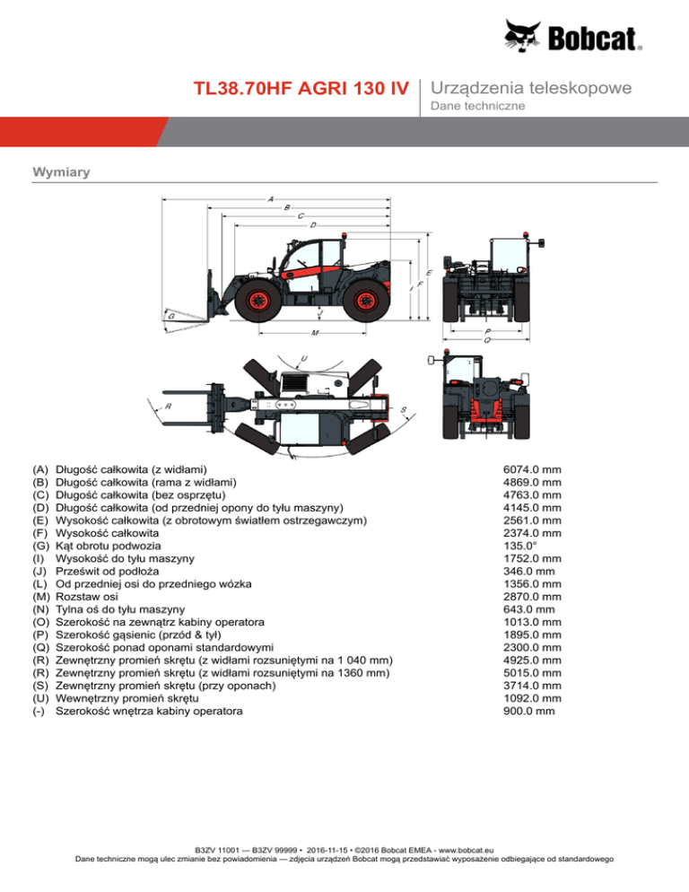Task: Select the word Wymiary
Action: coord(56,171)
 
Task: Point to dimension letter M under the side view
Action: coord(315,333)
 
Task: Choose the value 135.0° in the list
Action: coord(521,545)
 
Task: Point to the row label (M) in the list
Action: coord(41,597)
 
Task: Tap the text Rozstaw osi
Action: coord(86,597)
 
